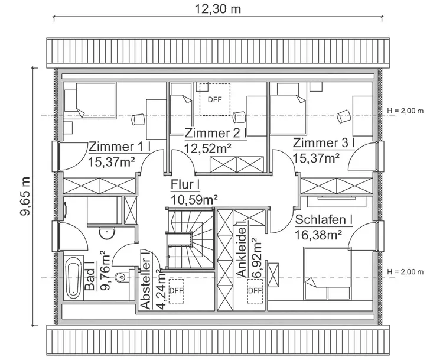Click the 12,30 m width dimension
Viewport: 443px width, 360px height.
tap(219, 9)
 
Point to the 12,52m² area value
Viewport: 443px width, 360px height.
tap(207, 148)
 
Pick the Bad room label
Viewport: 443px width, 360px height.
tap(90, 277)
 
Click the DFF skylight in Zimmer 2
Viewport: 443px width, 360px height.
tap(214, 99)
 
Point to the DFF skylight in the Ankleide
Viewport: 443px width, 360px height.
tap(255, 290)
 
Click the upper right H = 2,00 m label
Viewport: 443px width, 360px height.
tap(405, 111)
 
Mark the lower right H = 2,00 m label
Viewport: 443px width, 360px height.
tap(405, 272)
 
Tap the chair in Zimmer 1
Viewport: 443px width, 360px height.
tap(138, 118)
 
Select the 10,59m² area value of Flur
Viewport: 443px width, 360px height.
tap(194, 200)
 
